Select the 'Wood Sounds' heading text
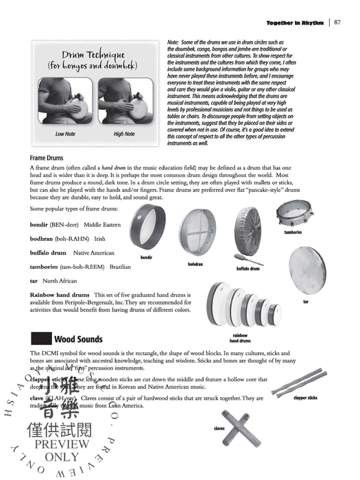tap(78, 339)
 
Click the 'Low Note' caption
tap(66, 134)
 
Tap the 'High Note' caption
tap(124, 134)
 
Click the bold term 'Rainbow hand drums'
tap(60, 294)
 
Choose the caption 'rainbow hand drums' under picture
tap(239, 337)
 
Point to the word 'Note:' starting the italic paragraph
tap(174, 43)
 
